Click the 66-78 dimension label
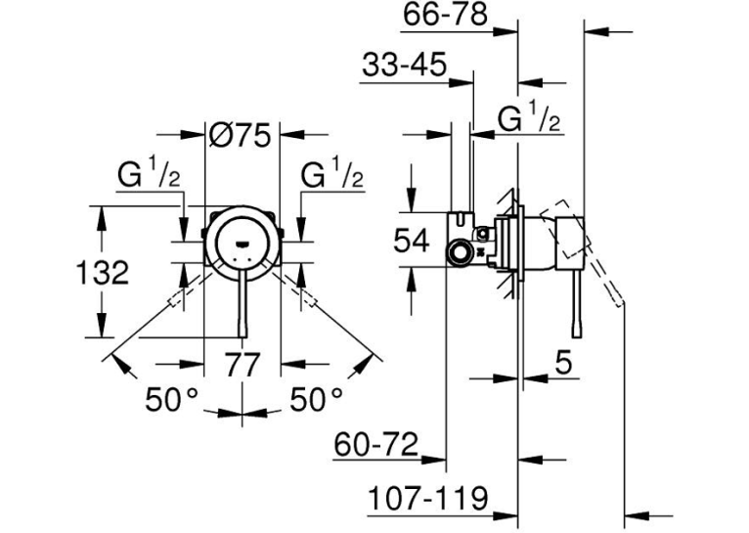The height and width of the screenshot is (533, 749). pyautogui.click(x=445, y=15)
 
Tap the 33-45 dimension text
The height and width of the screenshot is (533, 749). pyautogui.click(x=404, y=65)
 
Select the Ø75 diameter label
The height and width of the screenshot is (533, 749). pyautogui.click(x=240, y=135)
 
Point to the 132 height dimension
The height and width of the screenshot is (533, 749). pyautogui.click(x=103, y=273)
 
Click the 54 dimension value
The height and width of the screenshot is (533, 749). pyautogui.click(x=412, y=241)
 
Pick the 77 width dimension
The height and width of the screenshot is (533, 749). pyautogui.click(x=242, y=365)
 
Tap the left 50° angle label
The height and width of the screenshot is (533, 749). pyautogui.click(x=171, y=399)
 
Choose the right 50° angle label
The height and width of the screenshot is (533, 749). pyautogui.click(x=316, y=399)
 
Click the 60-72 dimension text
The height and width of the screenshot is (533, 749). pyautogui.click(x=375, y=445)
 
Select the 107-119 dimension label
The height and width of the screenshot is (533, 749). pyautogui.click(x=428, y=499)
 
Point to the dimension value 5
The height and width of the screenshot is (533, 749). pyautogui.click(x=563, y=364)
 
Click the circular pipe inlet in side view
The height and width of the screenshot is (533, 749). pyautogui.click(x=459, y=251)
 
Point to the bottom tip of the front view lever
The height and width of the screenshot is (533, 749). pyautogui.click(x=242, y=336)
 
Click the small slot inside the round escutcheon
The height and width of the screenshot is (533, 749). pyautogui.click(x=242, y=244)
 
